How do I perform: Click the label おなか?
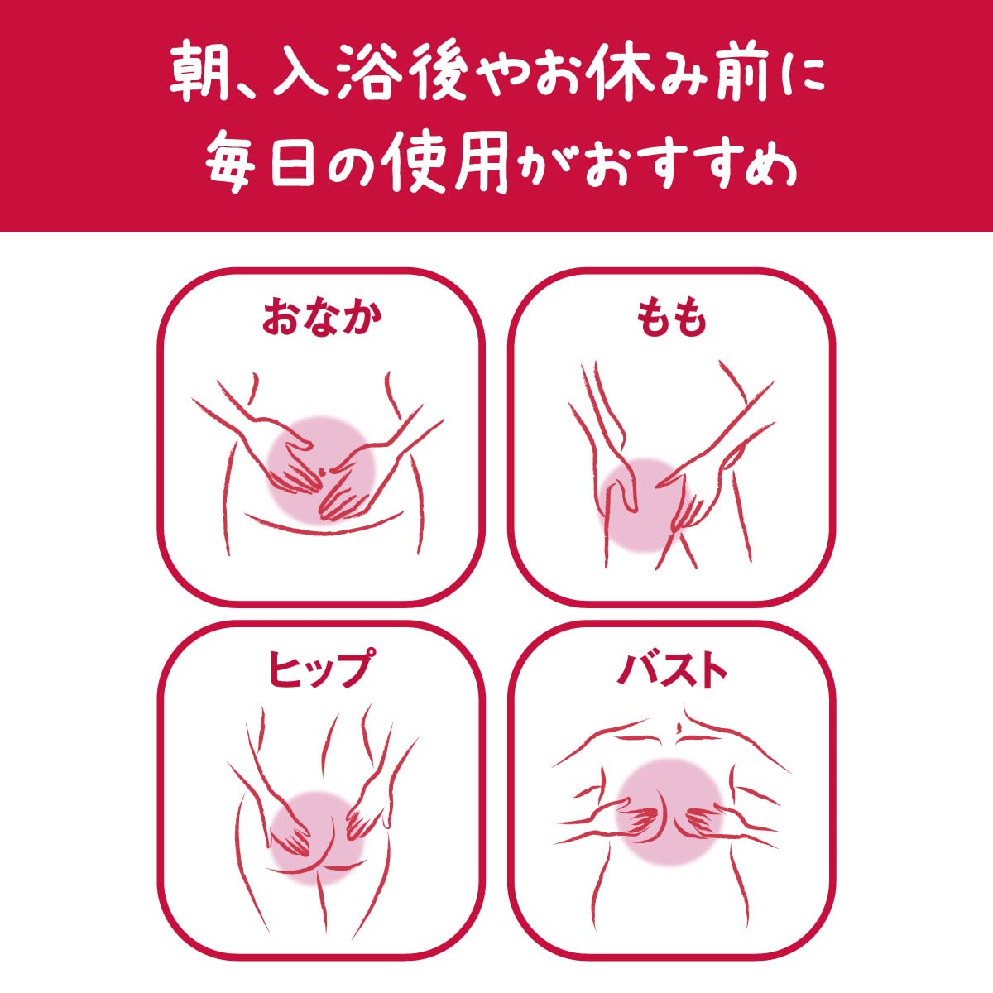click(x=322, y=318)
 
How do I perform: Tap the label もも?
click(x=671, y=318)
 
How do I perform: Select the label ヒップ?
click(x=319, y=668)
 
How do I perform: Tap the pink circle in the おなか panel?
click(x=322, y=470)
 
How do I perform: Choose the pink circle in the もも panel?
click(x=647, y=504)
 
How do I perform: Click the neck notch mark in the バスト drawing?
click(x=679, y=727)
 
